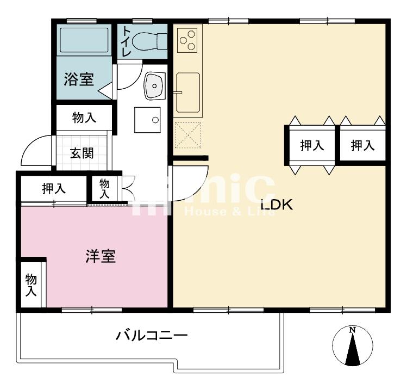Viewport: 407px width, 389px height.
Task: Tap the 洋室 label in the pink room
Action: coord(101,256)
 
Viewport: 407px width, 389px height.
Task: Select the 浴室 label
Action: coord(79,80)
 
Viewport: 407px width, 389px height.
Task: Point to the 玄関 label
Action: coord(82,153)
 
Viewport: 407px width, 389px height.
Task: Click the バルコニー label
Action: coord(152,335)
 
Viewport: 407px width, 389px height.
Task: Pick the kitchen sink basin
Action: coord(188,92)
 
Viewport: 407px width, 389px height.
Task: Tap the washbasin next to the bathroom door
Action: coord(155,85)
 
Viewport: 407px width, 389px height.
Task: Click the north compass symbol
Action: coord(353,347)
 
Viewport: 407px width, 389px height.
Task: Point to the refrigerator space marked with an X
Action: coord(188,135)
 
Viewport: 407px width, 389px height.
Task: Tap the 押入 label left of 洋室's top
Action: coord(54,189)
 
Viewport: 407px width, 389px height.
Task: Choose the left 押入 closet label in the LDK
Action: coord(312,145)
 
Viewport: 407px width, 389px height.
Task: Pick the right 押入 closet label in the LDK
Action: coord(362,145)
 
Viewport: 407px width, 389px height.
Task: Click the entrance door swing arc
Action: coord(35,149)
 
